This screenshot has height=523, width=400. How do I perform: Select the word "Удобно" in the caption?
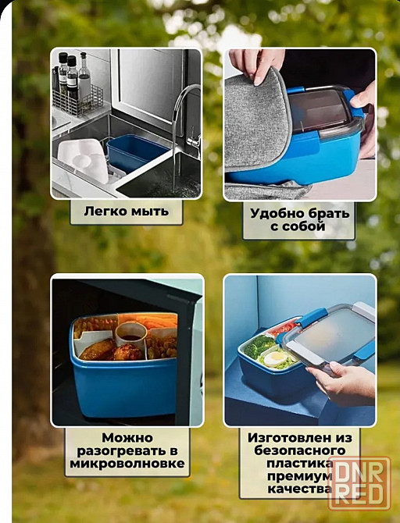pyautogui.click(x=277, y=213)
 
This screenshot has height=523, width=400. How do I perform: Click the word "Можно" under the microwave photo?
pyautogui.click(x=127, y=438)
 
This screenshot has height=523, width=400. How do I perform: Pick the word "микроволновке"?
pyautogui.click(x=127, y=464)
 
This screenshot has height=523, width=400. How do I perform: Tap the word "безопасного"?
pyautogui.click(x=299, y=450)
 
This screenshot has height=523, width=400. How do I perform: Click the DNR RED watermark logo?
pyautogui.click(x=359, y=483)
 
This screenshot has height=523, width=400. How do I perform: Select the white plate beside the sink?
pyautogui.click(x=84, y=160)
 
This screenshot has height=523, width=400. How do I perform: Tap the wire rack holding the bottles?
pyautogui.click(x=78, y=100)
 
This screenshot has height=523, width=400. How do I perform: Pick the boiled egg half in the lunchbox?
pyautogui.click(x=275, y=358)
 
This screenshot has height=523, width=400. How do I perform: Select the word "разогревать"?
pyautogui.click(x=123, y=451)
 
